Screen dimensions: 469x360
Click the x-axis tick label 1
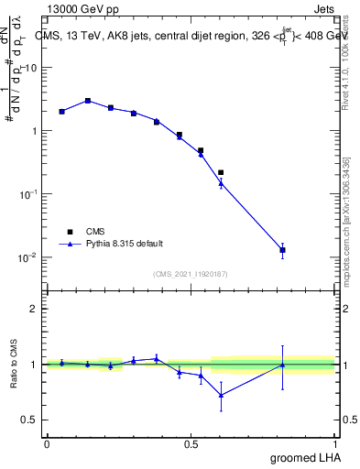point(334,444)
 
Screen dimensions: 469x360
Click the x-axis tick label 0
point(47,444)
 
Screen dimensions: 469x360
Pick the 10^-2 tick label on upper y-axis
point(27,257)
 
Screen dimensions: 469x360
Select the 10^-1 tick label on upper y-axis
point(27,194)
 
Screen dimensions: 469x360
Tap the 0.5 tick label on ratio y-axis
point(30,420)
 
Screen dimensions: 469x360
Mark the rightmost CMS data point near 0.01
point(283,250)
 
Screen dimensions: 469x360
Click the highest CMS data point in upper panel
point(88,101)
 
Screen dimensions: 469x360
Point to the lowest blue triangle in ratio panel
point(221,395)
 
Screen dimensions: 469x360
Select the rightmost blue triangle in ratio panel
point(283,365)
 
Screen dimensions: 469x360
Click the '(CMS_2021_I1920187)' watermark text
point(190,274)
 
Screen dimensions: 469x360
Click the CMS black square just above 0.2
point(221,172)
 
